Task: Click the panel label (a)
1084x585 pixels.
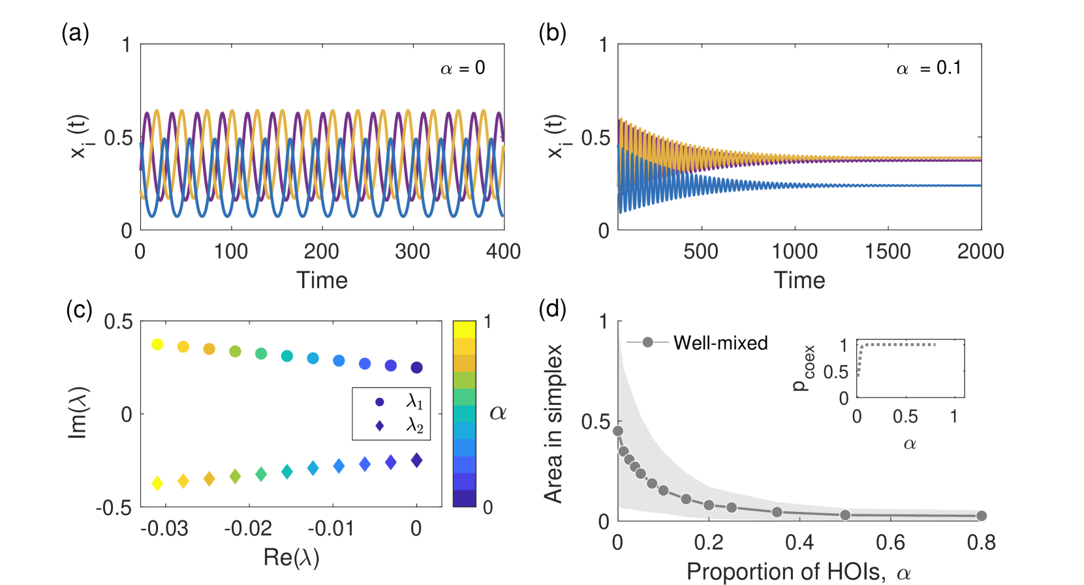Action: [x=75, y=33]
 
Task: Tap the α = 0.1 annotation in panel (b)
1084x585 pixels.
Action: [x=928, y=68]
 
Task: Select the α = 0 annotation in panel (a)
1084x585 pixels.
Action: [x=463, y=68]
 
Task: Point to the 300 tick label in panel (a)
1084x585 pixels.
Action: [x=412, y=252]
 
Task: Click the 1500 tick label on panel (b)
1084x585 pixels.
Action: [x=888, y=252]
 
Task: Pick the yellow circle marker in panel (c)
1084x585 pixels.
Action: [x=157, y=344]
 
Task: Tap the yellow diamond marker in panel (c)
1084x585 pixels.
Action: [x=157, y=483]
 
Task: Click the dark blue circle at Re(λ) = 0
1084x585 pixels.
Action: [x=416, y=368]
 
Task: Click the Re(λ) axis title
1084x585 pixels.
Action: [x=291, y=558]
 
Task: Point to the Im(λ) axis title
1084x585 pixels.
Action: [x=78, y=413]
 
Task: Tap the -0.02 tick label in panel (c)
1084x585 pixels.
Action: [x=248, y=529]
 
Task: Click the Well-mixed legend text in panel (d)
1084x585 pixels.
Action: [x=720, y=343]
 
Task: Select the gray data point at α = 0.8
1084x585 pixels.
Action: [x=981, y=516]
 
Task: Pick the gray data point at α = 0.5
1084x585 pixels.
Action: [x=845, y=515]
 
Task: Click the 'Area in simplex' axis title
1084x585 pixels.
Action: [x=553, y=424]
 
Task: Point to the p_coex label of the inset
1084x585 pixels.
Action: [x=804, y=368]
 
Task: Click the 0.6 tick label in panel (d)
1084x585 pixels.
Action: [x=890, y=543]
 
